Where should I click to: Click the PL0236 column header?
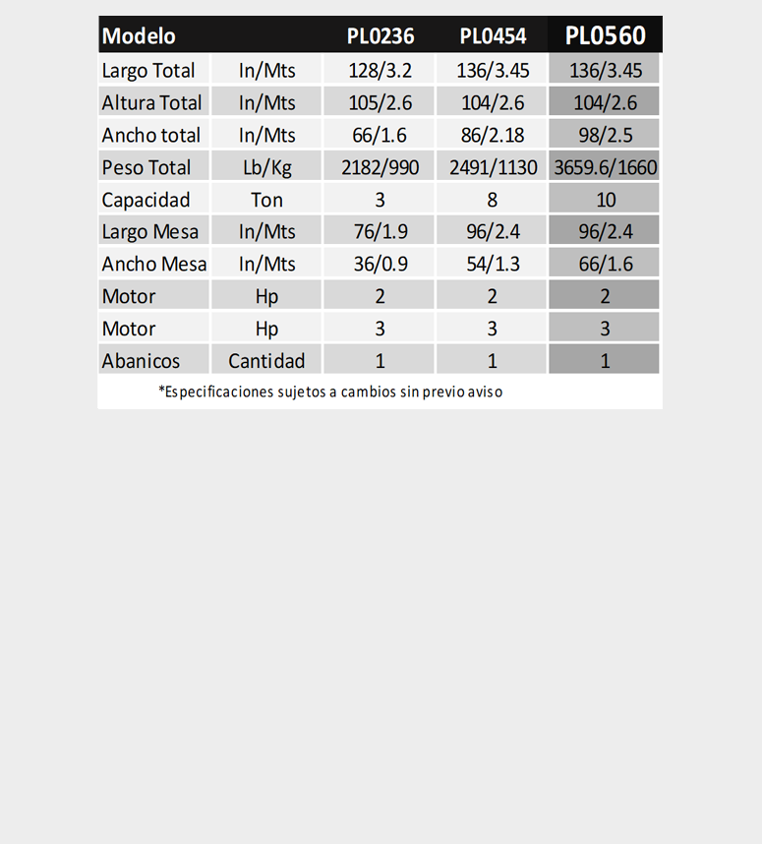click(381, 36)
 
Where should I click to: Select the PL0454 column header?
click(493, 36)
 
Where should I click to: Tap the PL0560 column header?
click(605, 36)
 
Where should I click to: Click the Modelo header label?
click(139, 36)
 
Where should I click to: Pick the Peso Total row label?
click(147, 167)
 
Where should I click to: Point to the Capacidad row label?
click(146, 200)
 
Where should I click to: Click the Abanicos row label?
click(141, 361)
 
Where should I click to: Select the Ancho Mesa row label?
click(154, 264)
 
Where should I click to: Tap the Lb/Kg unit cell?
click(266, 167)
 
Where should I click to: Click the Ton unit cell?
click(266, 200)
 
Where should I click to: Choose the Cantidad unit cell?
click(266, 361)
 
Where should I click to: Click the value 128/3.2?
click(381, 71)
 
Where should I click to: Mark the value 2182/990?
click(381, 167)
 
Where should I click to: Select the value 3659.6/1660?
click(605, 167)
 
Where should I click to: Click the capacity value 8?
click(493, 200)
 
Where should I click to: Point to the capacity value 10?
click(605, 200)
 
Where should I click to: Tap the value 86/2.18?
click(493, 135)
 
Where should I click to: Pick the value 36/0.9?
click(381, 264)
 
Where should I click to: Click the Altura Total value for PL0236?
click(381, 102)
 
